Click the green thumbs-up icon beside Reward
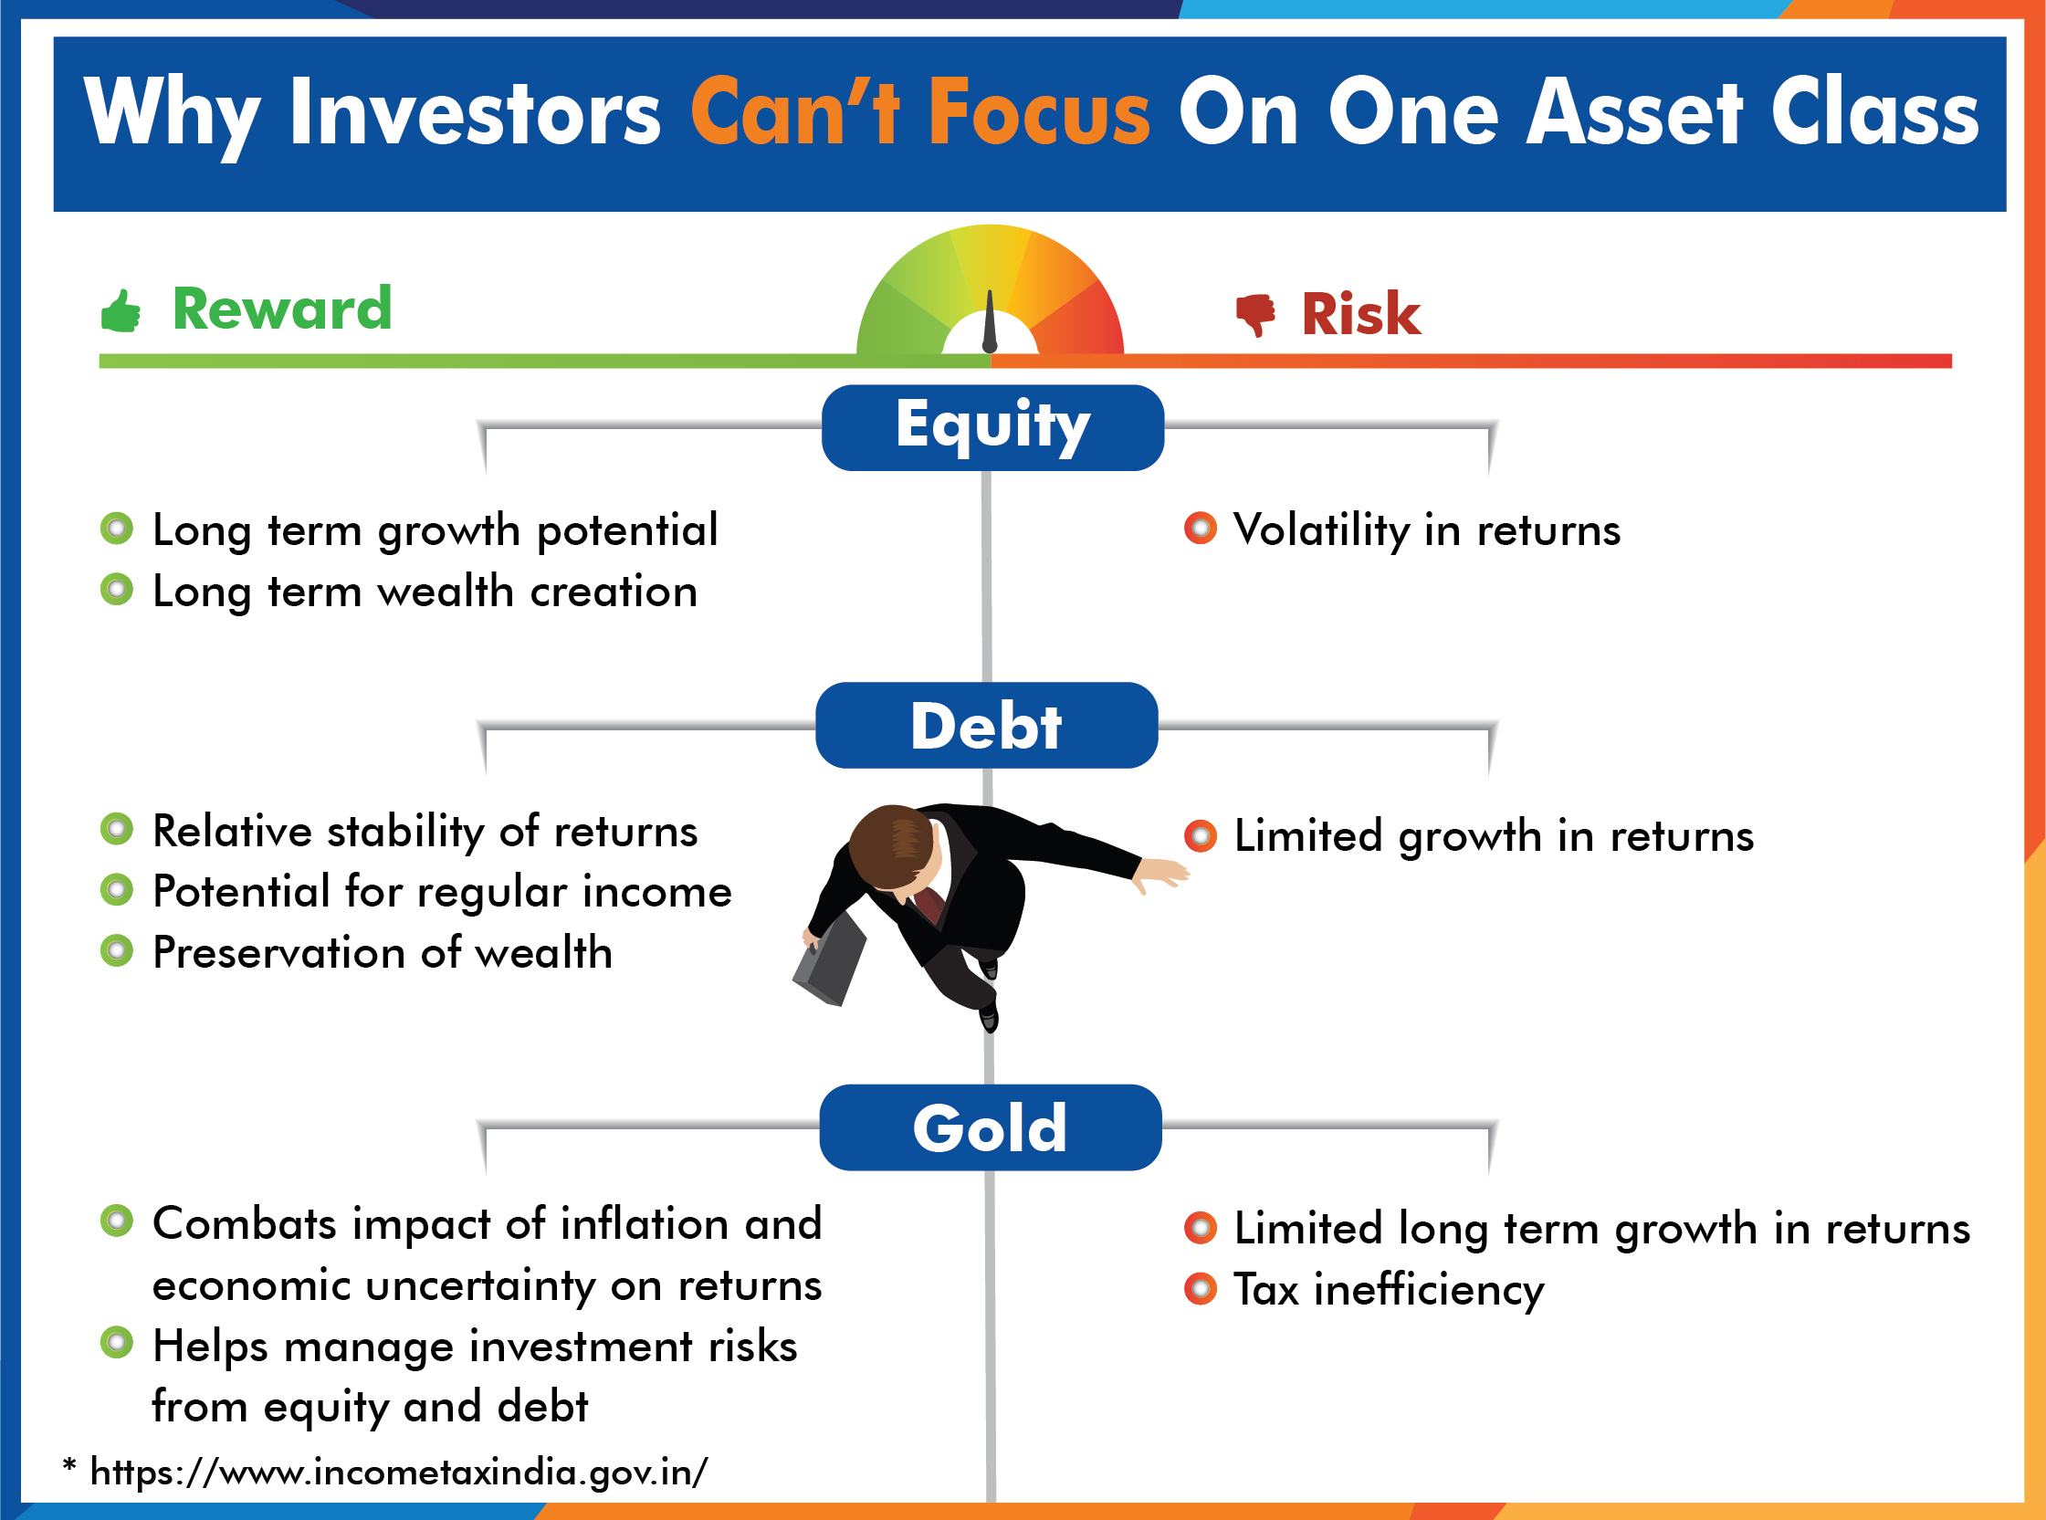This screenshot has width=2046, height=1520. (x=121, y=310)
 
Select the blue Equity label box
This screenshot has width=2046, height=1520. (x=992, y=428)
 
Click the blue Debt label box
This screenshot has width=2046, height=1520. (x=986, y=725)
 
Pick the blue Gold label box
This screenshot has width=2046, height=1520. (x=990, y=1127)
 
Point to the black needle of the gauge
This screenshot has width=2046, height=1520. (x=990, y=322)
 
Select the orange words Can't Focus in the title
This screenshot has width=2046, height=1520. (x=920, y=112)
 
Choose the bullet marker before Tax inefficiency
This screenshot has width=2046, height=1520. (x=1201, y=1288)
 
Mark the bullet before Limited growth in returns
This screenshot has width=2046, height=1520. (x=1201, y=835)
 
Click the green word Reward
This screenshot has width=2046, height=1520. (x=281, y=309)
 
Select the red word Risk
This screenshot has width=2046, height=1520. (x=1360, y=314)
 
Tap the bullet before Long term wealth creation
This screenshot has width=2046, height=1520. (x=117, y=589)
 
